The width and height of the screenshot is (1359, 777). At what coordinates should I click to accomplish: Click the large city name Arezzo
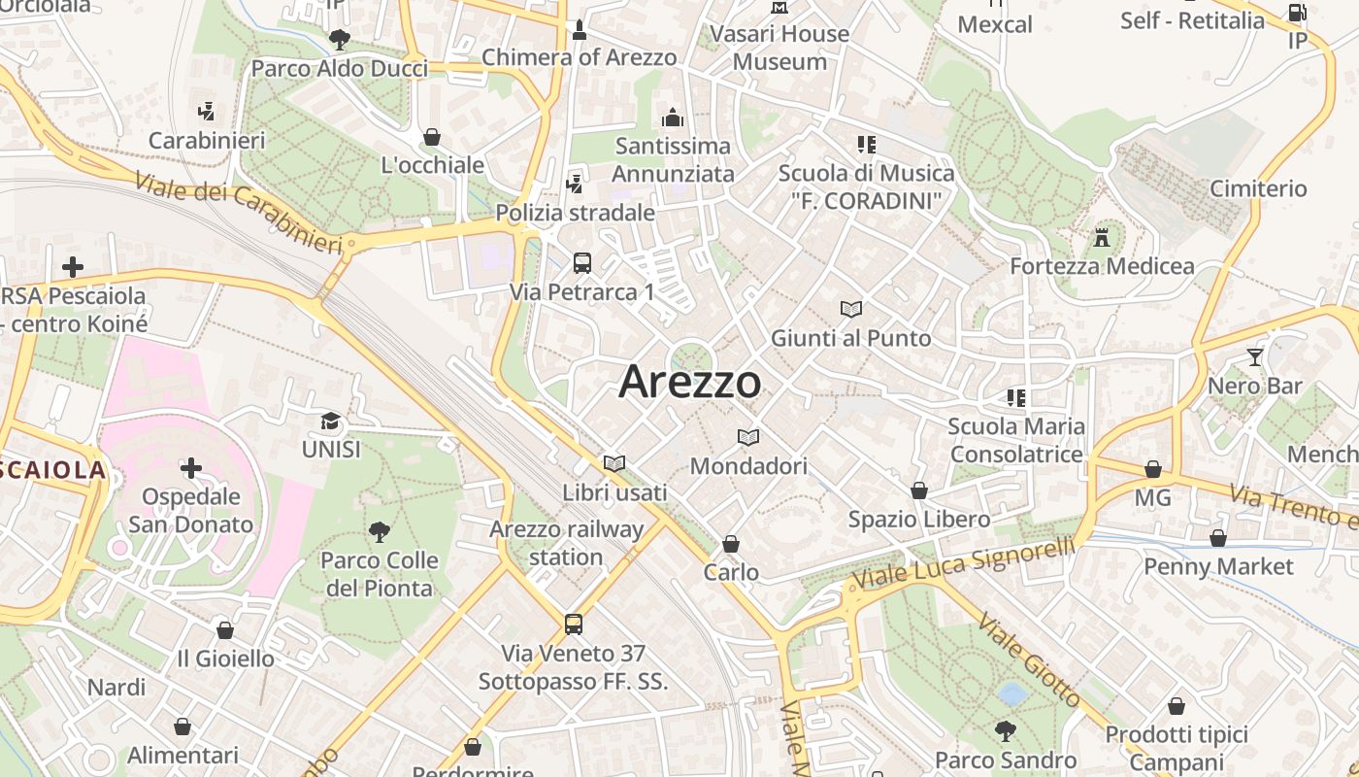pyautogui.click(x=690, y=381)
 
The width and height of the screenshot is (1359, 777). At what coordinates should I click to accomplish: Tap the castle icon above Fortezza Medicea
pyautogui.click(x=1102, y=237)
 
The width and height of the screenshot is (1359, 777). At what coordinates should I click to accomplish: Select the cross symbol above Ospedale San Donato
pyautogui.click(x=191, y=469)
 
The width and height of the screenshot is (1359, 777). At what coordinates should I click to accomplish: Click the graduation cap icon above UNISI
pyautogui.click(x=331, y=422)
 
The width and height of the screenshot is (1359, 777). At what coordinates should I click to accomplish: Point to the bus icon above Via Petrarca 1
pyautogui.click(x=581, y=263)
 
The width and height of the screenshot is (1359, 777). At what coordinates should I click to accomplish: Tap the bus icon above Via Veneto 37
pyautogui.click(x=574, y=624)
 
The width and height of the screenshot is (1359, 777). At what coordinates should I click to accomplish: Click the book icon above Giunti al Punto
pyautogui.click(x=851, y=310)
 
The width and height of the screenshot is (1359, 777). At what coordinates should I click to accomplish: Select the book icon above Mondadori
pyautogui.click(x=748, y=437)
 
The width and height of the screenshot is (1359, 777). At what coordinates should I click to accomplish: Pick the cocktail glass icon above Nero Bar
pyautogui.click(x=1255, y=357)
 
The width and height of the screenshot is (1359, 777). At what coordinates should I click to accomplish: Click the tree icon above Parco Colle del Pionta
pyautogui.click(x=379, y=531)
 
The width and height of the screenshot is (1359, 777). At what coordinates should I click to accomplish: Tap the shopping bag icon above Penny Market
pyautogui.click(x=1218, y=538)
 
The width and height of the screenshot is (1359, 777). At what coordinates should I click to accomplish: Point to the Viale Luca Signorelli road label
pyautogui.click(x=963, y=563)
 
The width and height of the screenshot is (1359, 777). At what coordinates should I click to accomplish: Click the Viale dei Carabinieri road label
pyautogui.click(x=239, y=213)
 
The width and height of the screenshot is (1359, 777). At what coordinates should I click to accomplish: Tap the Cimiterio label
pyautogui.click(x=1258, y=188)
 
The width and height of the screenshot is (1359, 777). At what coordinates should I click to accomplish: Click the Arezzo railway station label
pyautogui.click(x=566, y=543)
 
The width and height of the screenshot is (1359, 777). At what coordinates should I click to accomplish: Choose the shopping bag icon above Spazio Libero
pyautogui.click(x=918, y=490)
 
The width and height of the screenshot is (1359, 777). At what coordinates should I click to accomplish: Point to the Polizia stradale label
pyautogui.click(x=575, y=212)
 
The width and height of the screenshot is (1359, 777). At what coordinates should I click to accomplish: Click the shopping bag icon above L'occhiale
pyautogui.click(x=432, y=137)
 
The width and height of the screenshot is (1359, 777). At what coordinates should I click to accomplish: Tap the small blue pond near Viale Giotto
pyautogui.click(x=1012, y=693)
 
